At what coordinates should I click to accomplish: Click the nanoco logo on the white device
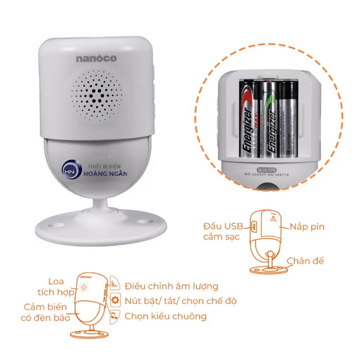(96, 59)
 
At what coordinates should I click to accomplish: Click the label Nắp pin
(307, 226)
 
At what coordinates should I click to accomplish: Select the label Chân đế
(305, 261)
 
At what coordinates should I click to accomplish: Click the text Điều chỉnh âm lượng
(171, 286)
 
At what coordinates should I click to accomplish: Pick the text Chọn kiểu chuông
(165, 316)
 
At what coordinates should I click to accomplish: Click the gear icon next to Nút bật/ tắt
(115, 301)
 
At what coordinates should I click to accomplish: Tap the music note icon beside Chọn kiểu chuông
(115, 316)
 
